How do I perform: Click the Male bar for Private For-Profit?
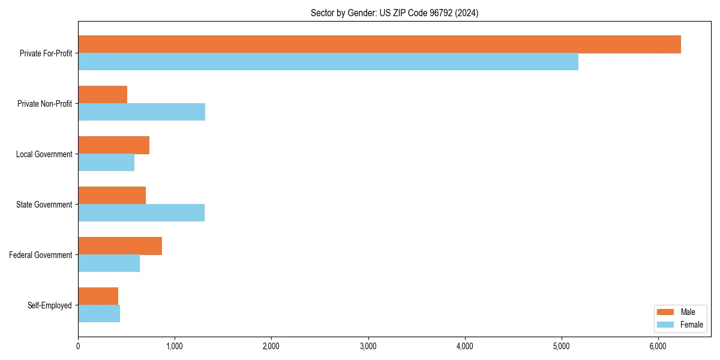pos(379,44)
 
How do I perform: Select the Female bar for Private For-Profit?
pos(328,62)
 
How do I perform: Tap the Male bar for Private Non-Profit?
pos(103,95)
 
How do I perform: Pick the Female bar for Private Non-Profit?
pos(142,112)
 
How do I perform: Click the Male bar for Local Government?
pos(113,145)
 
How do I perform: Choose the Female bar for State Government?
pos(141,213)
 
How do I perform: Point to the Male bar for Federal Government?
pos(120,246)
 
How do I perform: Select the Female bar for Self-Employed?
pos(99,314)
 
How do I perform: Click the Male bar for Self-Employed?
pos(98,296)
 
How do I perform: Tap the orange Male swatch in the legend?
pos(666,312)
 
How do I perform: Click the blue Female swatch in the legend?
pos(666,325)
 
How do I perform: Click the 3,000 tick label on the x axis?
pos(368,346)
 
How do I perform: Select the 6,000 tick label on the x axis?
pos(658,346)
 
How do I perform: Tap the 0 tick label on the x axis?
pos(78,346)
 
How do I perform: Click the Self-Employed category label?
pos(50,305)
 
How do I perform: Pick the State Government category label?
pos(44,205)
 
